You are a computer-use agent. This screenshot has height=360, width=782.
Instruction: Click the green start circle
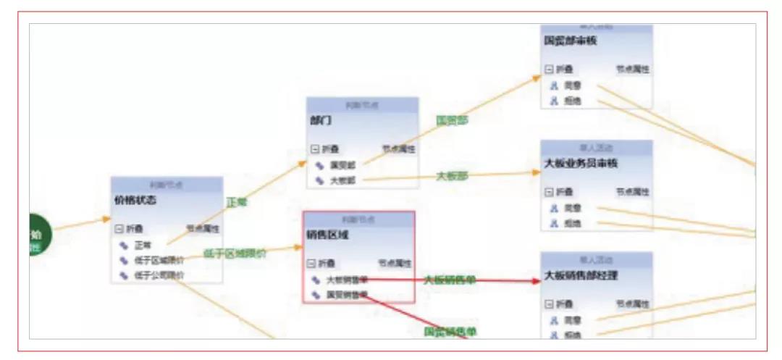(x=37, y=235)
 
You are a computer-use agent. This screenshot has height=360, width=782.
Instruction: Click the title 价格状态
(x=135, y=201)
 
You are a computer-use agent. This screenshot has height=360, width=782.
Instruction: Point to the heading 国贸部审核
(x=570, y=41)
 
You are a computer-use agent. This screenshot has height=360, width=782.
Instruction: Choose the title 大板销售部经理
(x=581, y=275)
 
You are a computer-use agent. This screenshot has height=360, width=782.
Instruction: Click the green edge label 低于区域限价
(x=234, y=254)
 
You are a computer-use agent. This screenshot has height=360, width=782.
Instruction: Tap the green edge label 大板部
(x=451, y=176)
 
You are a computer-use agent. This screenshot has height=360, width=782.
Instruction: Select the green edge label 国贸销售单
(x=450, y=332)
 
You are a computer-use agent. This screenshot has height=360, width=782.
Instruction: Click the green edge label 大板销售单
(x=450, y=280)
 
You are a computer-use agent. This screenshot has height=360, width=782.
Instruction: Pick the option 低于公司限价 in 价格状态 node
(x=159, y=276)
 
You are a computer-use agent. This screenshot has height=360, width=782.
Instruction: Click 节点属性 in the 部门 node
(x=399, y=149)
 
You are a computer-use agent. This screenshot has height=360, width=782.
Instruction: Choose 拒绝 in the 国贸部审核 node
(x=572, y=101)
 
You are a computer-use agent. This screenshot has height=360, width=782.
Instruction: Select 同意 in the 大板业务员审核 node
(x=572, y=209)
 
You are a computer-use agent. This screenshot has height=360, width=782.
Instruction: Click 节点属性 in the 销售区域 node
(x=395, y=264)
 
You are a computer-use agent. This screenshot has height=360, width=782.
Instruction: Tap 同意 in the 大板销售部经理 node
(x=572, y=319)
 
